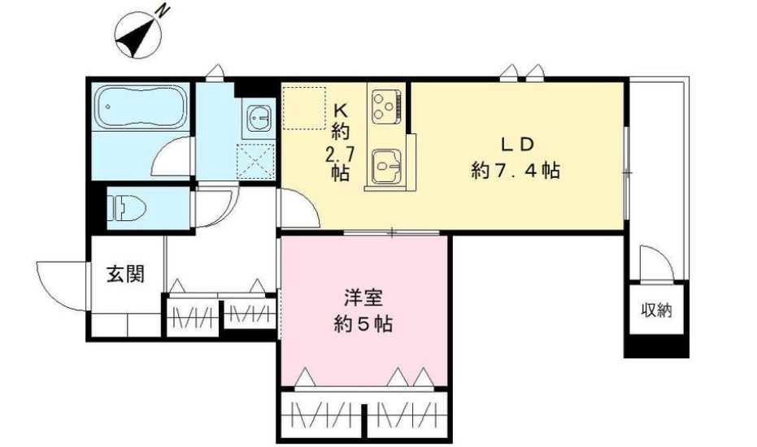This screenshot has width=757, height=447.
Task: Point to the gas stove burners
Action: pyautogui.click(x=385, y=104)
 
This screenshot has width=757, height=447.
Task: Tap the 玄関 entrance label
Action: pyautogui.click(x=126, y=275)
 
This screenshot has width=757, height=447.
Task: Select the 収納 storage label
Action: pyautogui.click(x=658, y=310)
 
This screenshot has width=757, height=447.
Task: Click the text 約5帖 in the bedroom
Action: pyautogui.click(x=363, y=323)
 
